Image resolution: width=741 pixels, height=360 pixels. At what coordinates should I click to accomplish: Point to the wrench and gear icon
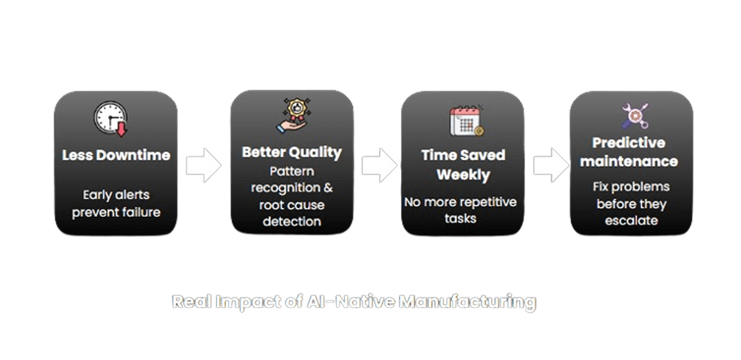pos(635,116)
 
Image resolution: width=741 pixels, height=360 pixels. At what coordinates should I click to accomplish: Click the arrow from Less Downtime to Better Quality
pos(203,165)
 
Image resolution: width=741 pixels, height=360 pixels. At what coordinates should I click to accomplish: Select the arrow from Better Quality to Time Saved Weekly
pos(379,165)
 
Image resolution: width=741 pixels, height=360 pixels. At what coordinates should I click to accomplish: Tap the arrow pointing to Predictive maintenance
pos(550,165)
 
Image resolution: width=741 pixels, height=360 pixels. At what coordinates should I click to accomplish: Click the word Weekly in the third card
pos(463,175)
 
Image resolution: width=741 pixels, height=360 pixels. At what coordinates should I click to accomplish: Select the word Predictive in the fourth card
pos(629,143)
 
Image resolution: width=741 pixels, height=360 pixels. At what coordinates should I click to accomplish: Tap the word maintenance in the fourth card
pos(629,162)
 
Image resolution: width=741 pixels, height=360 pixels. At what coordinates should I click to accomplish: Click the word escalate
pos(631,221)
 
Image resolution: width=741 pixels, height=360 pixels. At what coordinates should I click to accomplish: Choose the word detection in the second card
pos(292,222)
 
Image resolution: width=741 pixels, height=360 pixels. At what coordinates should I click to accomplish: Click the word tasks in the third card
pos(460,218)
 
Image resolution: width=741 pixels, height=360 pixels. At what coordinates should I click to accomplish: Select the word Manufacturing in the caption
pos(467,302)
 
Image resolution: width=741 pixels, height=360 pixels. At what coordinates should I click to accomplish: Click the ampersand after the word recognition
pos(328,188)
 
